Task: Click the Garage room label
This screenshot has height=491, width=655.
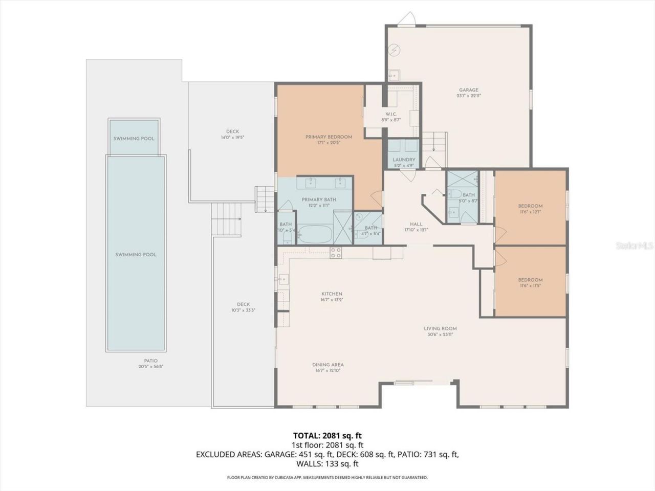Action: tap(468, 90)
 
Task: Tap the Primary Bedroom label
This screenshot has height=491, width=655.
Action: tap(329, 137)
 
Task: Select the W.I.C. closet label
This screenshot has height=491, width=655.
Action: tap(391, 114)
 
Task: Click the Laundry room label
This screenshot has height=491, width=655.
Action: tap(403, 160)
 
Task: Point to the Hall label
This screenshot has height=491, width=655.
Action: tap(416, 224)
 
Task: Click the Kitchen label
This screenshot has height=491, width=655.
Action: tap(332, 294)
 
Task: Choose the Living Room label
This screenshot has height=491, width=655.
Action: tap(440, 329)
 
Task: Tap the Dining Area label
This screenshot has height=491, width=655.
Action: tap(328, 365)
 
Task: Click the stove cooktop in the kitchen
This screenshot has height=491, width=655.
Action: tap(336, 252)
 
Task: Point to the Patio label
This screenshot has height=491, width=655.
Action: tap(150, 361)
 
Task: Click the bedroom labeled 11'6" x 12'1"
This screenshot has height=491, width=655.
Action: tap(530, 206)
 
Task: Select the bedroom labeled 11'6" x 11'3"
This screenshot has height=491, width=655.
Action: tap(530, 280)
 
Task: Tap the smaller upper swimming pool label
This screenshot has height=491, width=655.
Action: tap(134, 139)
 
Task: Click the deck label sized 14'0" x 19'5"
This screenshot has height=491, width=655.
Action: tap(232, 131)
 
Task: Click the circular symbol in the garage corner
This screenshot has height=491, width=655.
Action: tap(395, 50)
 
